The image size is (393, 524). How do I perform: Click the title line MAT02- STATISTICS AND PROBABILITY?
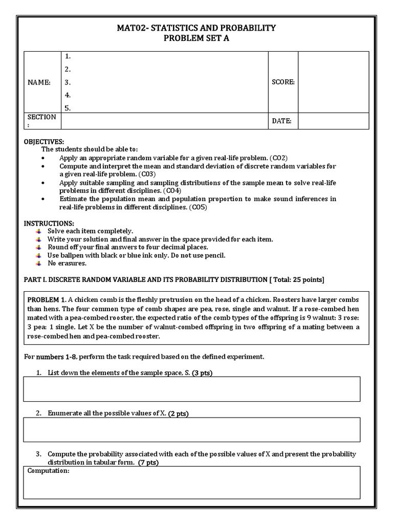point(196,28)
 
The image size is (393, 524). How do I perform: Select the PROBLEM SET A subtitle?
point(196,38)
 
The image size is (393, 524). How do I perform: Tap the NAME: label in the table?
point(39,82)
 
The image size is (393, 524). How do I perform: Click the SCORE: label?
point(283,82)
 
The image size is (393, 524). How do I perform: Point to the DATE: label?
point(281,121)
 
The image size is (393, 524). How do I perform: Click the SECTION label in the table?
point(41,117)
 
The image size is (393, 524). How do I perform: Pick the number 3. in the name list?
point(68,82)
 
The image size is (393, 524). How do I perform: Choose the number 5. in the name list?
point(68,108)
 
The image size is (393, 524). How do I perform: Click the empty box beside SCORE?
point(333,82)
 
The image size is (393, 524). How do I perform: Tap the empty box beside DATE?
point(333,121)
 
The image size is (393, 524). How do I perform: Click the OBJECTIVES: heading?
point(44,141)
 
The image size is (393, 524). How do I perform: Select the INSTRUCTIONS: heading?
point(49,224)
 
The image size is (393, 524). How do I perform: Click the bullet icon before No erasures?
point(38,264)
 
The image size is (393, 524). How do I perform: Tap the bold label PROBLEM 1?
point(47,300)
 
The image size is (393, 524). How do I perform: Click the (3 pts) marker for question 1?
point(202,373)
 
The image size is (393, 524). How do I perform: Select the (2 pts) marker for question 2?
point(178,413)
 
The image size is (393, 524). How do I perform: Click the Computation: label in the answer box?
point(48,471)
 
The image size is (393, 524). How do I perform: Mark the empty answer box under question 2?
point(191,429)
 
